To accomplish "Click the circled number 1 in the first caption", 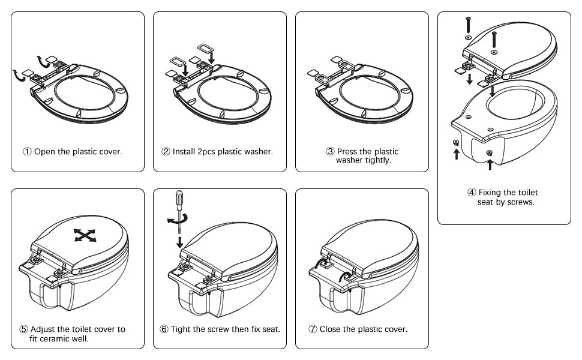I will pyautogui.click(x=28, y=151).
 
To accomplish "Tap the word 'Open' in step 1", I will pyautogui.click(x=44, y=151).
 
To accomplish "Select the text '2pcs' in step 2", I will pyautogui.click(x=205, y=151).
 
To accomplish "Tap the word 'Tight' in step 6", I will pyautogui.click(x=181, y=329).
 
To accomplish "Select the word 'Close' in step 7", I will pyautogui.click(x=331, y=329).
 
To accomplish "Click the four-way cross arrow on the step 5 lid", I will pyautogui.click(x=85, y=235).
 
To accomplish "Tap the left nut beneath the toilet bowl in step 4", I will pyautogui.click(x=456, y=142).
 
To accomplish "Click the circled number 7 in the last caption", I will pyautogui.click(x=313, y=329).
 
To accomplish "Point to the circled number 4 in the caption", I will pyautogui.click(x=472, y=193).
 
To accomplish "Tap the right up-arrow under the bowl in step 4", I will pyautogui.click(x=490, y=163).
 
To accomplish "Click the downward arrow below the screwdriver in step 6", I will pyautogui.click(x=179, y=242).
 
